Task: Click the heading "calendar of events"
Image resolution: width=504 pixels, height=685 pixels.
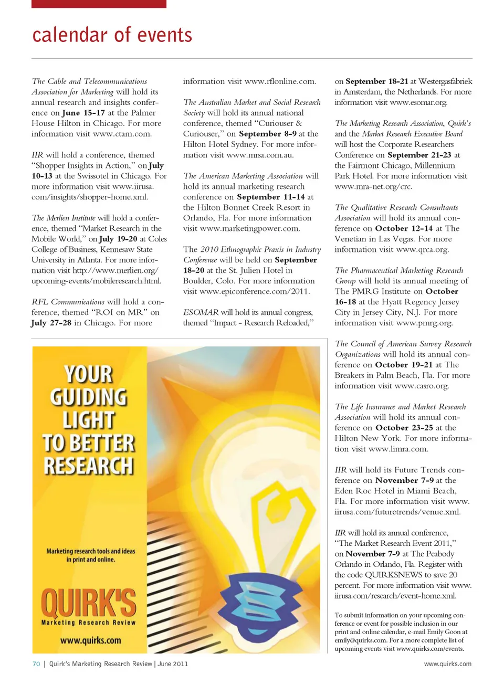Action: pos(112,35)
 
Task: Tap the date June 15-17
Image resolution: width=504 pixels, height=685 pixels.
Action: pos(83,113)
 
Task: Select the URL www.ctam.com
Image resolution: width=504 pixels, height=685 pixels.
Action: pos(122,134)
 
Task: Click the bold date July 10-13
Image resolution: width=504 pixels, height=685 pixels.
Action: pos(42,176)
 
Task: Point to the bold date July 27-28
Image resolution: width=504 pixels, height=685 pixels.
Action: pos(51,323)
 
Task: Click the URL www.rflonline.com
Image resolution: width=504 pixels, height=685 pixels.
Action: pos(280,81)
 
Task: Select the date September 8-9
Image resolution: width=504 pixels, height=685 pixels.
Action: pos(268,134)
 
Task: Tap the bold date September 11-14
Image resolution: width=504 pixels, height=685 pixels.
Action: pos(271,197)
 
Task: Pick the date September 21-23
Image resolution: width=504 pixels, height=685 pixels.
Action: pos(419,155)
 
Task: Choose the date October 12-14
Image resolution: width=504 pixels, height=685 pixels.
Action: pos(404,228)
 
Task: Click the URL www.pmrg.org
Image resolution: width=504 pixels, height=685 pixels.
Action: pos(424,323)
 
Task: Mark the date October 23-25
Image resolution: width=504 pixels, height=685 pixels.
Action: pos(404,428)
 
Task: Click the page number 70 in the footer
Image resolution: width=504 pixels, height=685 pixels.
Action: pos(36,664)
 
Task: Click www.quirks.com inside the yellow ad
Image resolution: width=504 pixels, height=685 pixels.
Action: pos(90,640)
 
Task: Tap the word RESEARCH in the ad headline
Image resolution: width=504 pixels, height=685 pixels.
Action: pos(89,466)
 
